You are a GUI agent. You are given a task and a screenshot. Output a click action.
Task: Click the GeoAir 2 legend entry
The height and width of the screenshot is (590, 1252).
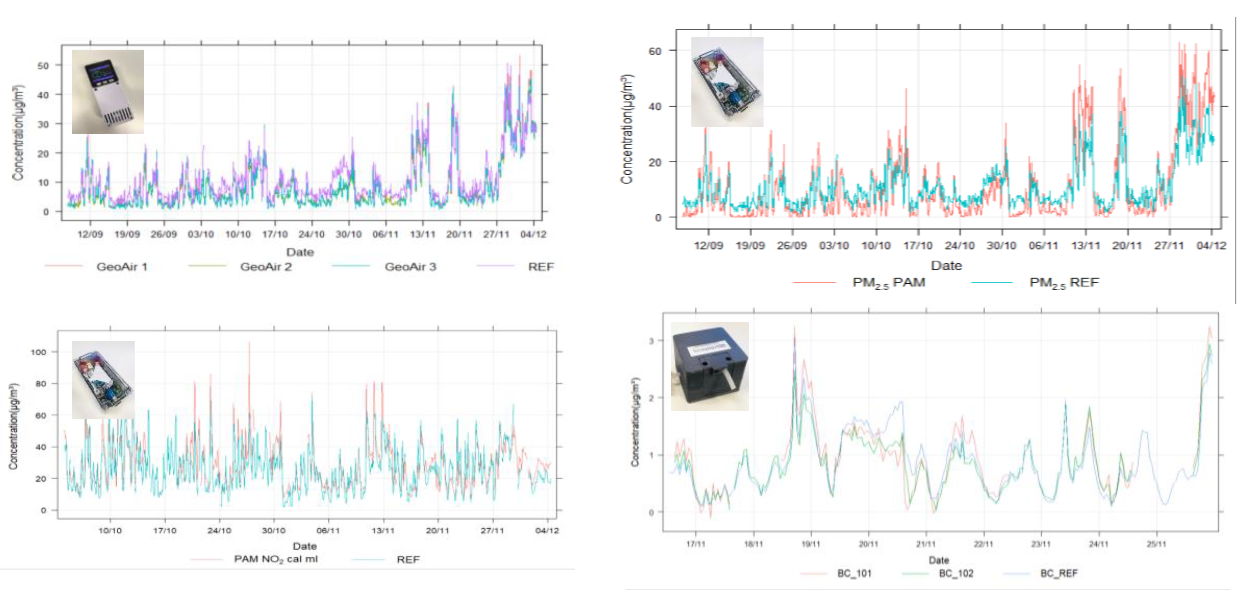(x=265, y=267)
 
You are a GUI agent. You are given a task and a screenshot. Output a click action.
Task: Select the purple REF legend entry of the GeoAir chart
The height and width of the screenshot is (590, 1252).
(x=540, y=267)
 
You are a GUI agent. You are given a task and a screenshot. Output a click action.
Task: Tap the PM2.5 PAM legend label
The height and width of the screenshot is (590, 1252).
(x=888, y=283)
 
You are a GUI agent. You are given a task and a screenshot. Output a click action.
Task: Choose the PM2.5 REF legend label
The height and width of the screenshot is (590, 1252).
(x=1063, y=283)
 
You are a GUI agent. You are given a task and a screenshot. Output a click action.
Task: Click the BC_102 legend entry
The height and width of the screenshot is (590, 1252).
(x=955, y=573)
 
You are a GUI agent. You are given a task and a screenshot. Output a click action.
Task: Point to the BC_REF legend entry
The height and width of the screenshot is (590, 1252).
(x=1058, y=573)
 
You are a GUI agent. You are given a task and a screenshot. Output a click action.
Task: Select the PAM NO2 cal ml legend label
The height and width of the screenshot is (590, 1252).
(x=275, y=559)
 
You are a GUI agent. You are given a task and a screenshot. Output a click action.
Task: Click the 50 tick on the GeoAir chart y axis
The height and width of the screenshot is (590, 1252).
(x=43, y=65)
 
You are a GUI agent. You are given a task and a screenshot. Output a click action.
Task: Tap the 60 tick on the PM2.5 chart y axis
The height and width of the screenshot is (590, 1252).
(x=655, y=51)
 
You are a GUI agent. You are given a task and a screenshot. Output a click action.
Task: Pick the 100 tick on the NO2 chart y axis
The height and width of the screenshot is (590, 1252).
(x=39, y=352)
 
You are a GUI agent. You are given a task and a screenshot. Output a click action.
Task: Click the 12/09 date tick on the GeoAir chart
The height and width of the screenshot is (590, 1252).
(x=91, y=234)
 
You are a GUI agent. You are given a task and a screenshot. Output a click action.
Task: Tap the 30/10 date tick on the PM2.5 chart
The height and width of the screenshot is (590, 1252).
(x=1001, y=245)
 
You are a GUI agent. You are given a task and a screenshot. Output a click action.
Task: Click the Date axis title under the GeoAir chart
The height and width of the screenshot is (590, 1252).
(x=300, y=252)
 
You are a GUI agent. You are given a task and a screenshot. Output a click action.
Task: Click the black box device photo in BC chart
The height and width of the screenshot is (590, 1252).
(x=709, y=366)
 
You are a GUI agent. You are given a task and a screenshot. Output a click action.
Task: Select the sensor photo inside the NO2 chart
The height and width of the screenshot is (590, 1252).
(x=103, y=380)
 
